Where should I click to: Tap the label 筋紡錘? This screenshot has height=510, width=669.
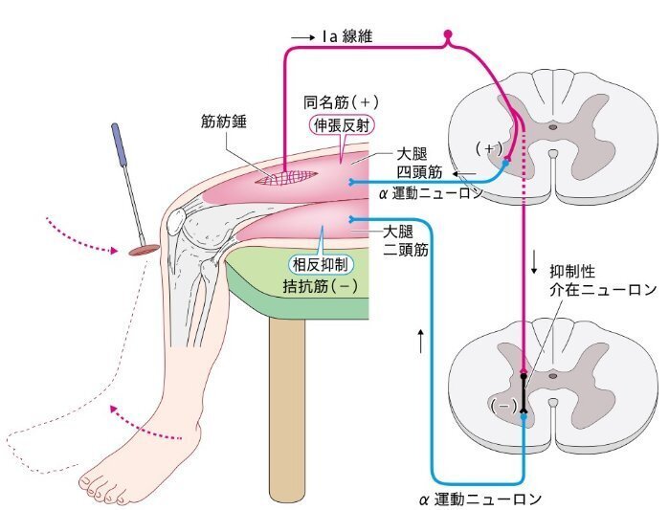point(221,122)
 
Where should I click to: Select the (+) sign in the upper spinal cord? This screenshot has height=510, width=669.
point(489,148)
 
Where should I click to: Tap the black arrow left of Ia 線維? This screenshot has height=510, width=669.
point(301,37)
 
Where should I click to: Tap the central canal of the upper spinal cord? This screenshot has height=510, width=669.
point(552,125)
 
